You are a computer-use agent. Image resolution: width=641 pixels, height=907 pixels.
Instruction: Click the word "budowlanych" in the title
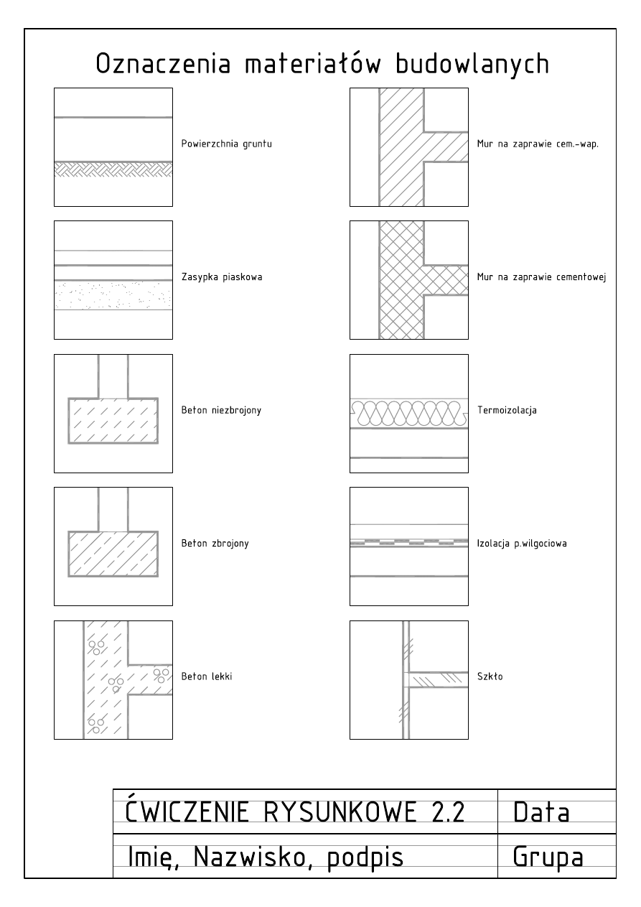[472, 64]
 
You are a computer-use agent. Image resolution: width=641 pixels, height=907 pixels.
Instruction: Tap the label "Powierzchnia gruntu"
[226, 144]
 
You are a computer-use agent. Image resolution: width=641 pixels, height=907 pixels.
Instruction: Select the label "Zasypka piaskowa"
[221, 277]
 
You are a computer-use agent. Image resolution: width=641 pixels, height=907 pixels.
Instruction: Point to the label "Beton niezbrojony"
[220, 411]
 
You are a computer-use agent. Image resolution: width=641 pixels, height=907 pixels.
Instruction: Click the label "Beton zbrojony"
[215, 544]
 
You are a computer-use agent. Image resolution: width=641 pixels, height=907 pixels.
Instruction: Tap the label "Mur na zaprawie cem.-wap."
[538, 144]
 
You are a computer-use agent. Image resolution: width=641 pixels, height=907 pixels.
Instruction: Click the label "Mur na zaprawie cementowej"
[542, 277]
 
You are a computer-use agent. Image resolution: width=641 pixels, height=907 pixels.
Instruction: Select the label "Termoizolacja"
[507, 411]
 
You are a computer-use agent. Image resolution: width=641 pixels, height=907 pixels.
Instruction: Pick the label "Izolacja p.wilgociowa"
[522, 544]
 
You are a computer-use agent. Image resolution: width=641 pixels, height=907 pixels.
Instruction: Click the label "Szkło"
[490, 676]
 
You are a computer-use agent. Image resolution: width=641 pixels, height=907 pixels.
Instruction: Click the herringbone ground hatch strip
[113, 169]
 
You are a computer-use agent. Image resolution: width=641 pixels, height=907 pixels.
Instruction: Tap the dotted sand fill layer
[113, 294]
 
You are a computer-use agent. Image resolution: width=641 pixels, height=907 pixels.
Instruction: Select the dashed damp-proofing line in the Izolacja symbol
[408, 541]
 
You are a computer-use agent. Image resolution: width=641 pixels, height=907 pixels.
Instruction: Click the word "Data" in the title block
[541, 812]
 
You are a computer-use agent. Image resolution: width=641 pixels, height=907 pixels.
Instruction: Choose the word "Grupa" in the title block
[547, 857]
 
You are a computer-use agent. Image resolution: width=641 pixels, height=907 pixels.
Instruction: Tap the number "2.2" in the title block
[442, 812]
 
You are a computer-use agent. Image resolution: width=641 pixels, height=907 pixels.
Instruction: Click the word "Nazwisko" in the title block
[243, 857]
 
